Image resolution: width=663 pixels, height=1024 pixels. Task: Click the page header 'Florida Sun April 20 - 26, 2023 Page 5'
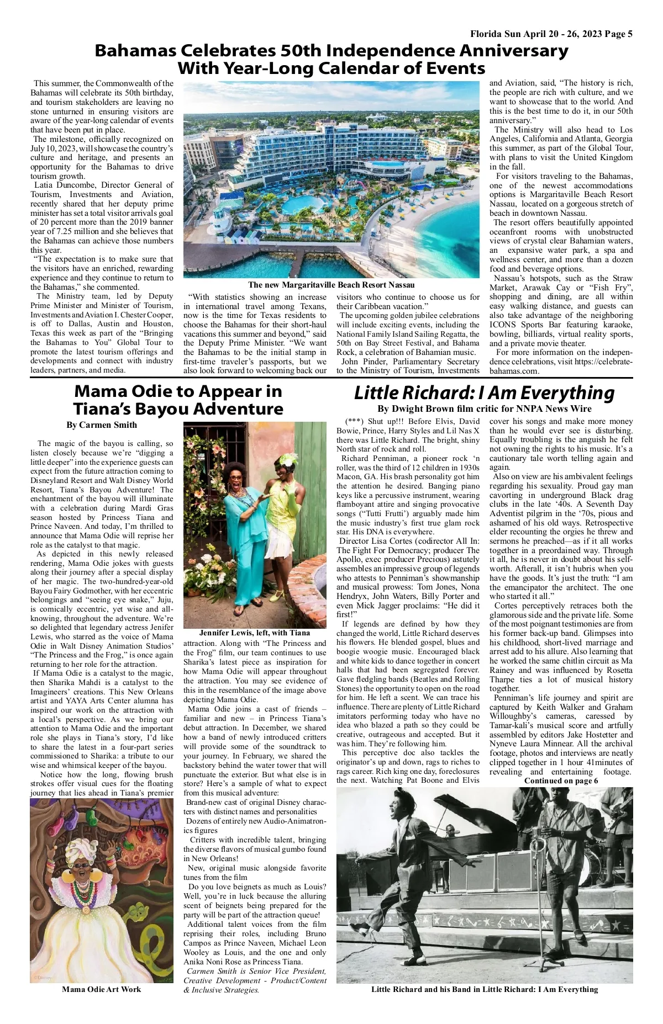(x=551, y=34)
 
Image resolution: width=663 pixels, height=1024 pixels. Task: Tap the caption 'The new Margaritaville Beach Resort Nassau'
(x=331, y=285)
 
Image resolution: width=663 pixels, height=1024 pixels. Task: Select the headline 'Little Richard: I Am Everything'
(x=484, y=393)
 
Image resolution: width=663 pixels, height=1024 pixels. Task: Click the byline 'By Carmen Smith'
(x=102, y=425)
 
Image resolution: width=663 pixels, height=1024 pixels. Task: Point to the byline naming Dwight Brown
(x=484, y=409)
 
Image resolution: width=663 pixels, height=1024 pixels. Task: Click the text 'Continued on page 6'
(x=561, y=781)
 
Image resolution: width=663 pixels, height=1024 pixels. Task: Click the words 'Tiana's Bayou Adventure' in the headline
(x=178, y=409)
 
